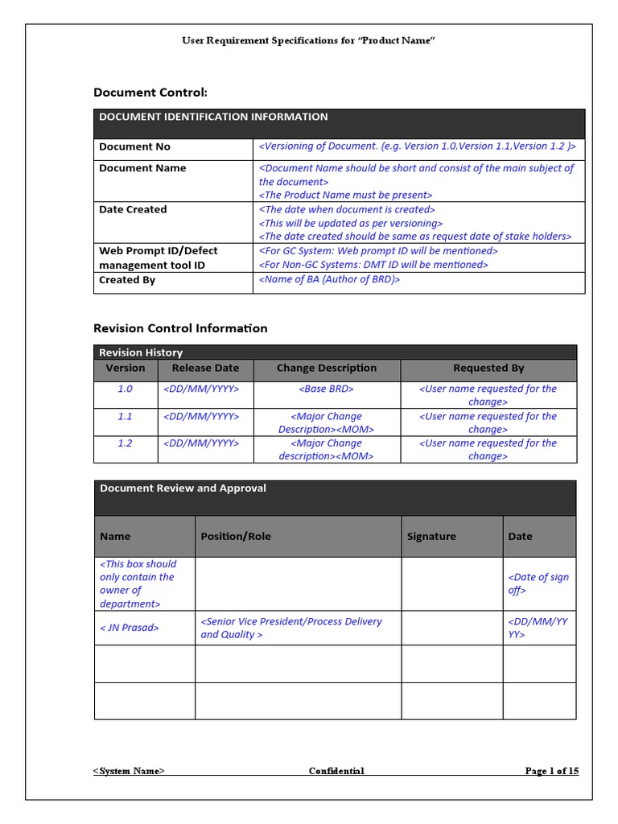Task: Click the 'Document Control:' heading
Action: (x=150, y=93)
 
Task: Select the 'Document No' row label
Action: (x=134, y=146)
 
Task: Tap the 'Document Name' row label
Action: (x=142, y=168)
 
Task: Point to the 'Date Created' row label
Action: (x=133, y=209)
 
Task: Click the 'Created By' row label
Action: (x=127, y=280)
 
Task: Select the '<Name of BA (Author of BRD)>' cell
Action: (x=329, y=280)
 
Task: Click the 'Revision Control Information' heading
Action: (x=180, y=328)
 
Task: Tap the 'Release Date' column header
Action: (x=205, y=368)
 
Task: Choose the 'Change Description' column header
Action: (x=326, y=368)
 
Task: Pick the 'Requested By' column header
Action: (x=488, y=368)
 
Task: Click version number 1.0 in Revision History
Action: (x=125, y=389)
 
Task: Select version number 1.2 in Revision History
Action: (x=125, y=443)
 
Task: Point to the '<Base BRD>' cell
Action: (x=326, y=389)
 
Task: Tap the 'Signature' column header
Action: (x=431, y=536)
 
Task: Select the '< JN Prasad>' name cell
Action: (x=129, y=628)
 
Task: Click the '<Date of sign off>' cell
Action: (x=538, y=583)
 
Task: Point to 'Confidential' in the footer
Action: (x=336, y=771)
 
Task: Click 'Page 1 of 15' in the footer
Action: (x=551, y=771)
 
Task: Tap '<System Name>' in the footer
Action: (x=129, y=771)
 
